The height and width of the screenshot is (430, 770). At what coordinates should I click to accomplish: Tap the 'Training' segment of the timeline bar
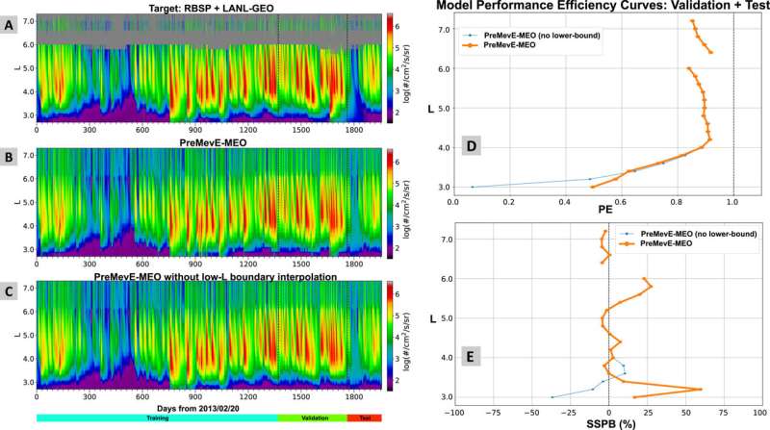tap(157, 419)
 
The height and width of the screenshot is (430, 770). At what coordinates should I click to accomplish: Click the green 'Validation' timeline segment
tap(310, 419)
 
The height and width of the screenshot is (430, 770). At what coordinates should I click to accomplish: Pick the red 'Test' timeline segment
tap(363, 419)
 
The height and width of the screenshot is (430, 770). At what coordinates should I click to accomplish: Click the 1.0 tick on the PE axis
tap(733, 202)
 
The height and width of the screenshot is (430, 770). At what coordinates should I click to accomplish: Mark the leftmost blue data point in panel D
tap(473, 187)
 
